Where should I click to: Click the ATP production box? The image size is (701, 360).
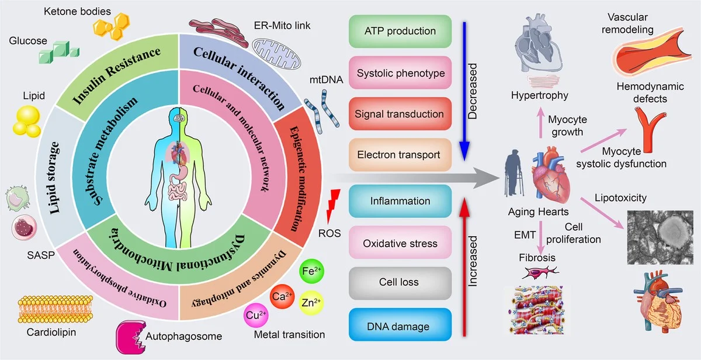[x=400, y=31]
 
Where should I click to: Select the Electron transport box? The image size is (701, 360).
[x=400, y=155]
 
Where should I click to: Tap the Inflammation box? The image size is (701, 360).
[x=400, y=201]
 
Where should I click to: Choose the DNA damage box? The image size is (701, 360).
[x=400, y=327]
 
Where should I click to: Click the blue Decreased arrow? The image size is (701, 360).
[x=463, y=88]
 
